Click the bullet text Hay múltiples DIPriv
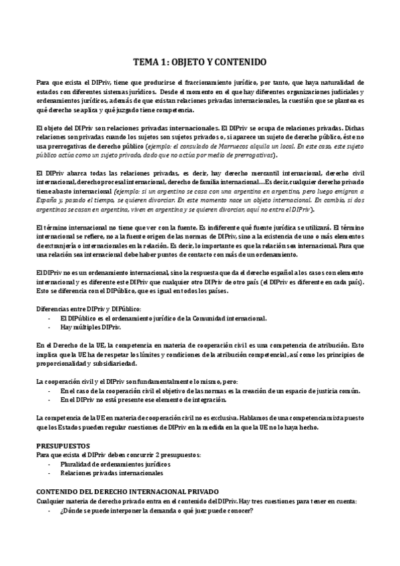click(91, 328)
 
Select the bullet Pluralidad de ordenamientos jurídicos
click(115, 463)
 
